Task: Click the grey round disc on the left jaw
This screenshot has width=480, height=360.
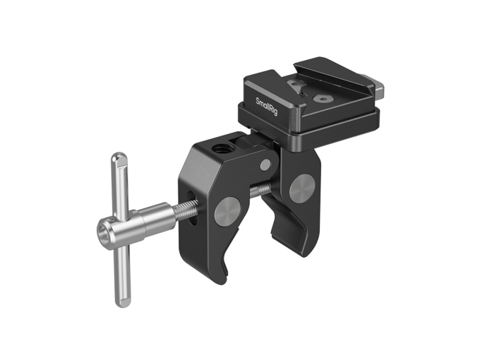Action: pyautogui.click(x=227, y=210)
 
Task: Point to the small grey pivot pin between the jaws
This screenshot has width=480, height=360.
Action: pyautogui.click(x=265, y=164)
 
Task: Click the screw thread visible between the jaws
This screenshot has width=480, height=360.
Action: pyautogui.click(x=260, y=190)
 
